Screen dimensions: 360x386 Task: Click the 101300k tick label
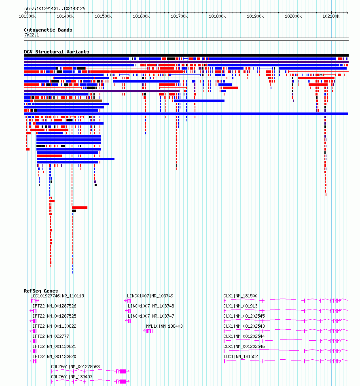point(28,16)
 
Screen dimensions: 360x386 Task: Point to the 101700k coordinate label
point(179,16)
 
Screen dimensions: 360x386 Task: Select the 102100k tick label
point(331,16)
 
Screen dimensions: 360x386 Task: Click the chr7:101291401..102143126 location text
point(55,8)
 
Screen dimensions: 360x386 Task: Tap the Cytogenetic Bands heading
point(48,30)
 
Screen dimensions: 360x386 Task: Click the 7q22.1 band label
point(32,35)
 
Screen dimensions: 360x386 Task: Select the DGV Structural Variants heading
point(57,52)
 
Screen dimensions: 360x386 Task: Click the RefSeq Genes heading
point(41,291)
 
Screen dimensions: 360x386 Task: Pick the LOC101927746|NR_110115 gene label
point(57,296)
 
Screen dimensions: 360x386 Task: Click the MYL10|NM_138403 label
point(164,326)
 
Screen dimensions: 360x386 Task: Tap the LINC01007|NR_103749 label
point(150,296)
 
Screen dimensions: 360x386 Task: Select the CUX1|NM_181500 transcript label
point(240,296)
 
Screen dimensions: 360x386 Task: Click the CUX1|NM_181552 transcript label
point(241,356)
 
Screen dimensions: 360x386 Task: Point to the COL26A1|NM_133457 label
point(72,377)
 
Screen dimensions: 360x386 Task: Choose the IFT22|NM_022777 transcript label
point(51,336)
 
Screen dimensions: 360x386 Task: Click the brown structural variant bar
point(68,101)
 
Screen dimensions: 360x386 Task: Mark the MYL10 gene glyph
point(148,331)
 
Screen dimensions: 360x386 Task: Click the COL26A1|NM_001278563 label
point(76,367)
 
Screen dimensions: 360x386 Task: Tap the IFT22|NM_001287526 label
point(54,306)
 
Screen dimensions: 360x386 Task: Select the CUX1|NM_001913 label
point(240,306)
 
